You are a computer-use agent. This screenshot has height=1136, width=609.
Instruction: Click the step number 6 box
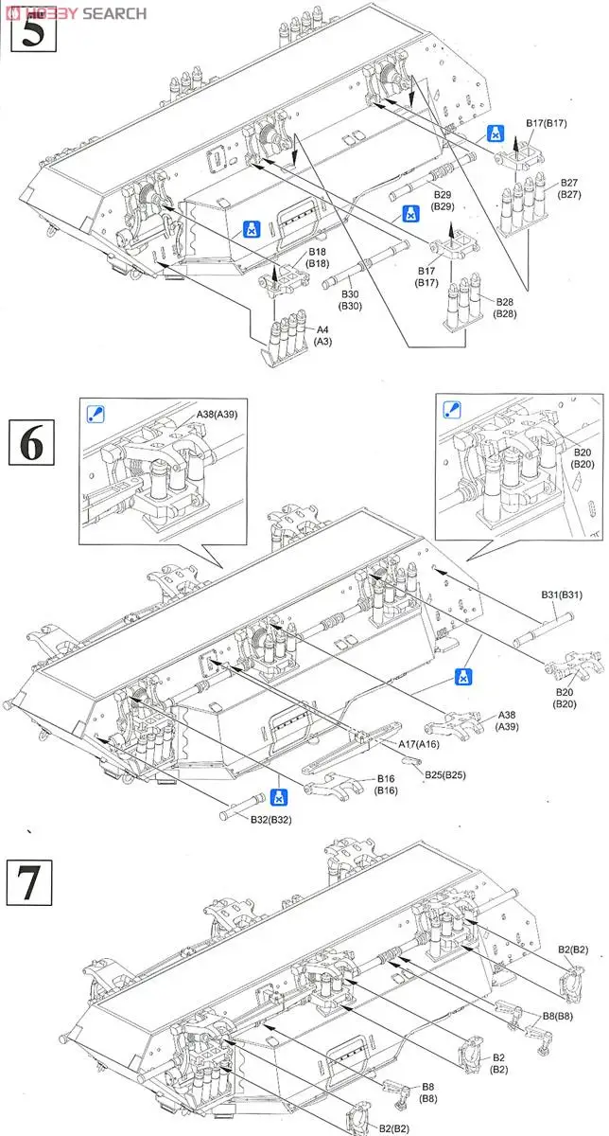point(31,442)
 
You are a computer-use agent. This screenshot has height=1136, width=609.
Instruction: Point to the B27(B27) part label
point(568,188)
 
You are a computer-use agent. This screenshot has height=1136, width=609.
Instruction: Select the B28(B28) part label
point(503,307)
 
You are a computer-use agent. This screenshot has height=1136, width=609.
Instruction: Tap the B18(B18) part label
point(318,257)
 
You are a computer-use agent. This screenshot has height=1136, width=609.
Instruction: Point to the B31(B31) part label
point(562,595)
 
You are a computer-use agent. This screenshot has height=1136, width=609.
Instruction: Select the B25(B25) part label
point(444,774)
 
